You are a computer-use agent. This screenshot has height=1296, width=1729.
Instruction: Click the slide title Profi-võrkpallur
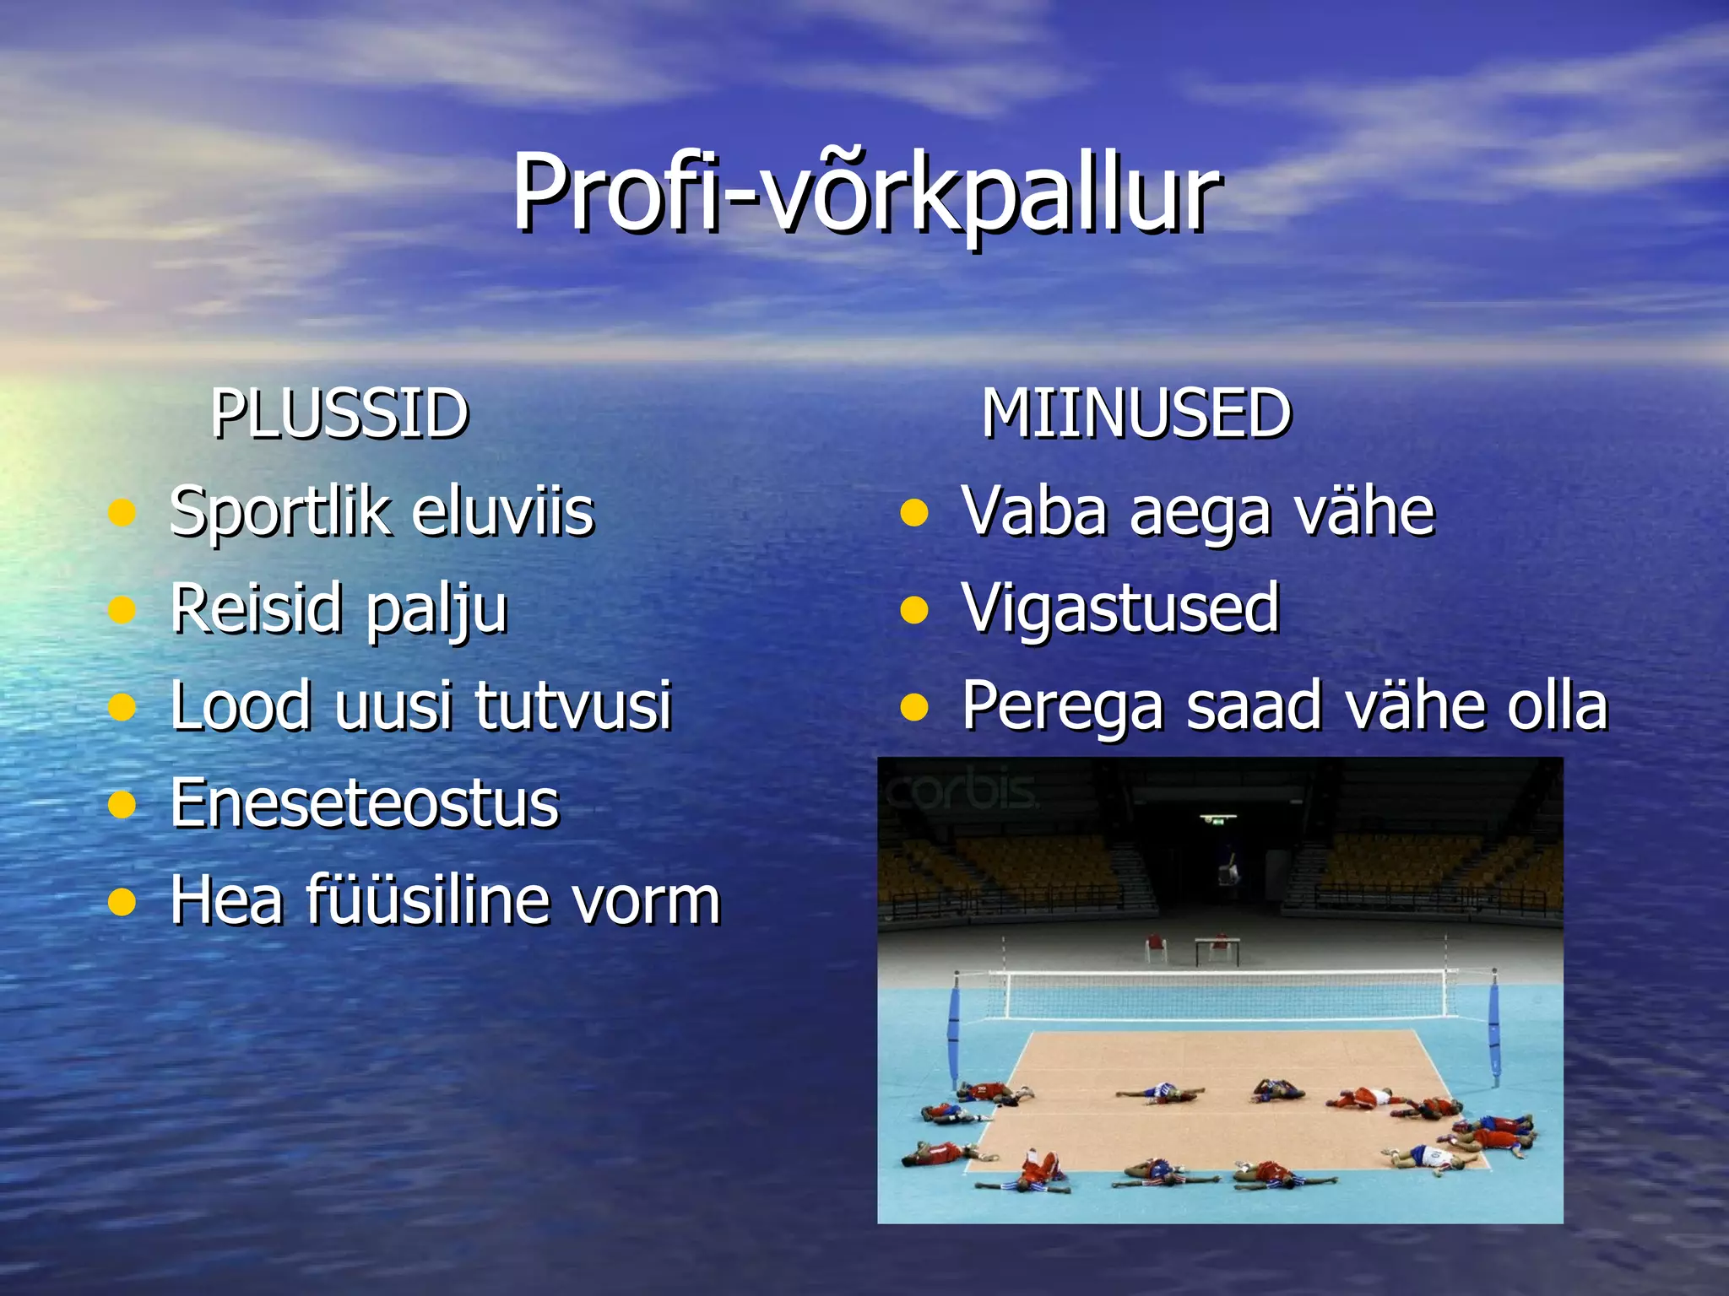tap(865, 192)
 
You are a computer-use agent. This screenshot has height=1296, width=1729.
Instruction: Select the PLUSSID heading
tap(339, 413)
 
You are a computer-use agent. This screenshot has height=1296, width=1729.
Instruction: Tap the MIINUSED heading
tap(1136, 413)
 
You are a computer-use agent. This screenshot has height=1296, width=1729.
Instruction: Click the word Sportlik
tap(279, 513)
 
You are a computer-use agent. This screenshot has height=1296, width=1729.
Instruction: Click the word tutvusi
tap(573, 705)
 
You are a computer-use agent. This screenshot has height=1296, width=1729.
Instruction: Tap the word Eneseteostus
tap(364, 802)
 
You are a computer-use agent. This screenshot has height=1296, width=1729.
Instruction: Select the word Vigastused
tap(1120, 607)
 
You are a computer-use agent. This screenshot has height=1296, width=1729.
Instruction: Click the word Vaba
tap(1034, 511)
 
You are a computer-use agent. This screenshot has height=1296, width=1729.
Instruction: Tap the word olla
tap(1557, 705)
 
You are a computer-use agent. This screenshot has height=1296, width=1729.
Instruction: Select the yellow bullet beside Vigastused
tap(914, 609)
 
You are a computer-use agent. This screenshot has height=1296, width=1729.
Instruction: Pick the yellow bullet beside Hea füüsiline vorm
tap(122, 901)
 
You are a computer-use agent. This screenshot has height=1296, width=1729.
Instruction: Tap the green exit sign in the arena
tap(1218, 818)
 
